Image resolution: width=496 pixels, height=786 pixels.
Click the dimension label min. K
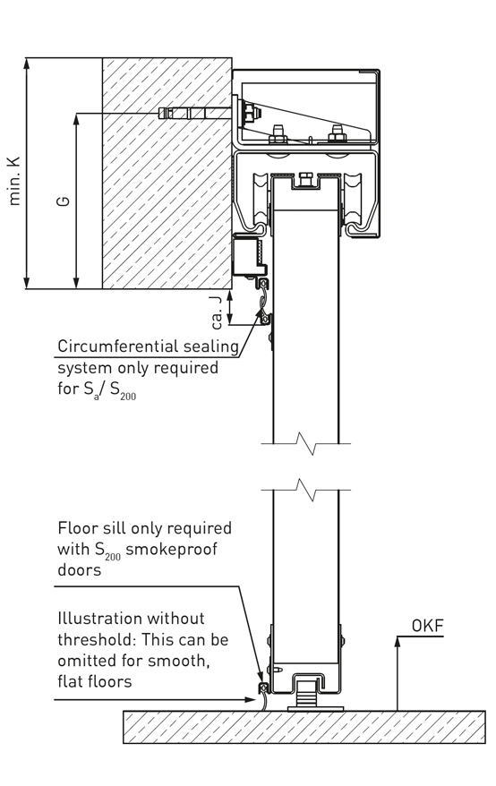[14, 181]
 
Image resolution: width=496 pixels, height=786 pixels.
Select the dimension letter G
[64, 201]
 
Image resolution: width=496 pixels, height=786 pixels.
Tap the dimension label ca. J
[217, 312]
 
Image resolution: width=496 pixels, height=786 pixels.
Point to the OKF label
[427, 626]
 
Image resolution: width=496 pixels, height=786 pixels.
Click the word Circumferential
[118, 346]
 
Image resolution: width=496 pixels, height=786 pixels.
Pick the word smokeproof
[171, 550]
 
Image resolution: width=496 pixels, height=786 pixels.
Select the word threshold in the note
[95, 639]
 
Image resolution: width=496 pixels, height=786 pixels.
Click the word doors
[80, 570]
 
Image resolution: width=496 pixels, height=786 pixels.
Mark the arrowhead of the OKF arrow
[398, 641]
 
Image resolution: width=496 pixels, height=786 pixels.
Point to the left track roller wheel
[261, 200]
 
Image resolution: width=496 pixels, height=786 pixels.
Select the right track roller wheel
[352, 200]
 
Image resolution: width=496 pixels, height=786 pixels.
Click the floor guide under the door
[306, 695]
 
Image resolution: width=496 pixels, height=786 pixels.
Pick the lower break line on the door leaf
[306, 490]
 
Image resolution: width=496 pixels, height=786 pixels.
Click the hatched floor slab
[304, 727]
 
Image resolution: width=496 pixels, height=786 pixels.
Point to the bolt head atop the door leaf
[305, 178]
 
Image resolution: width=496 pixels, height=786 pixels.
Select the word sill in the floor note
[114, 528]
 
